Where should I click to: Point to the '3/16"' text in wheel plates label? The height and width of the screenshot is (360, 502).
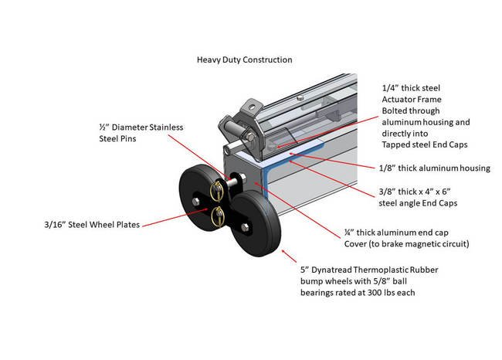click(x=59, y=226)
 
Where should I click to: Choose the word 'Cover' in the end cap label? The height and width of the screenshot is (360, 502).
click(x=358, y=244)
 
